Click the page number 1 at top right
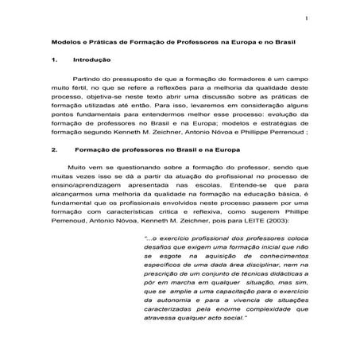[x=305, y=17]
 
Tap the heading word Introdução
[x=88, y=60]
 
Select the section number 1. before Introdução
[x=52, y=60]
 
